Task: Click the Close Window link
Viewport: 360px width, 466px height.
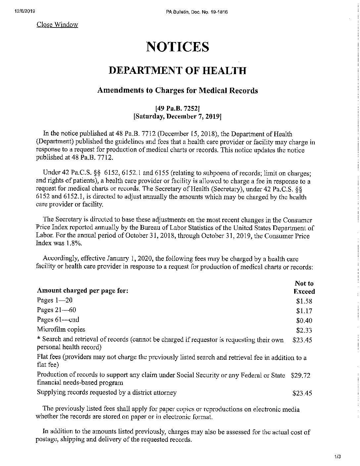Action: [57, 24]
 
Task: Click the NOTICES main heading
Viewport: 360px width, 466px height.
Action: [177, 47]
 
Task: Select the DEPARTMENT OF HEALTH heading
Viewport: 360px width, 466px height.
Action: [177, 70]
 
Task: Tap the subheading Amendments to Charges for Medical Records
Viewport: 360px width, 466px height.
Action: [177, 91]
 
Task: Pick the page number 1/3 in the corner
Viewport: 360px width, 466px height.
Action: [337, 457]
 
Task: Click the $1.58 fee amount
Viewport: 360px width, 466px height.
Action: [304, 301]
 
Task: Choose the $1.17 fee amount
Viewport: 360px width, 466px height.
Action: [304, 311]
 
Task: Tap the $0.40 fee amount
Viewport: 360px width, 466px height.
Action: [304, 320]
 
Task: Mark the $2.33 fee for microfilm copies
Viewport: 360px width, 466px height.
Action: [304, 330]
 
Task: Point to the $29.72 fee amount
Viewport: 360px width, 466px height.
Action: [300, 376]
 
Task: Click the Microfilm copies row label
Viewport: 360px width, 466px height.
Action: [61, 329]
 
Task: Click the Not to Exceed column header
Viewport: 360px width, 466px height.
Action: [304, 287]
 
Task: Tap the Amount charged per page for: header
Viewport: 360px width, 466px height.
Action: [82, 291]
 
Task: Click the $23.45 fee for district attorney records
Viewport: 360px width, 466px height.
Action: [302, 393]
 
